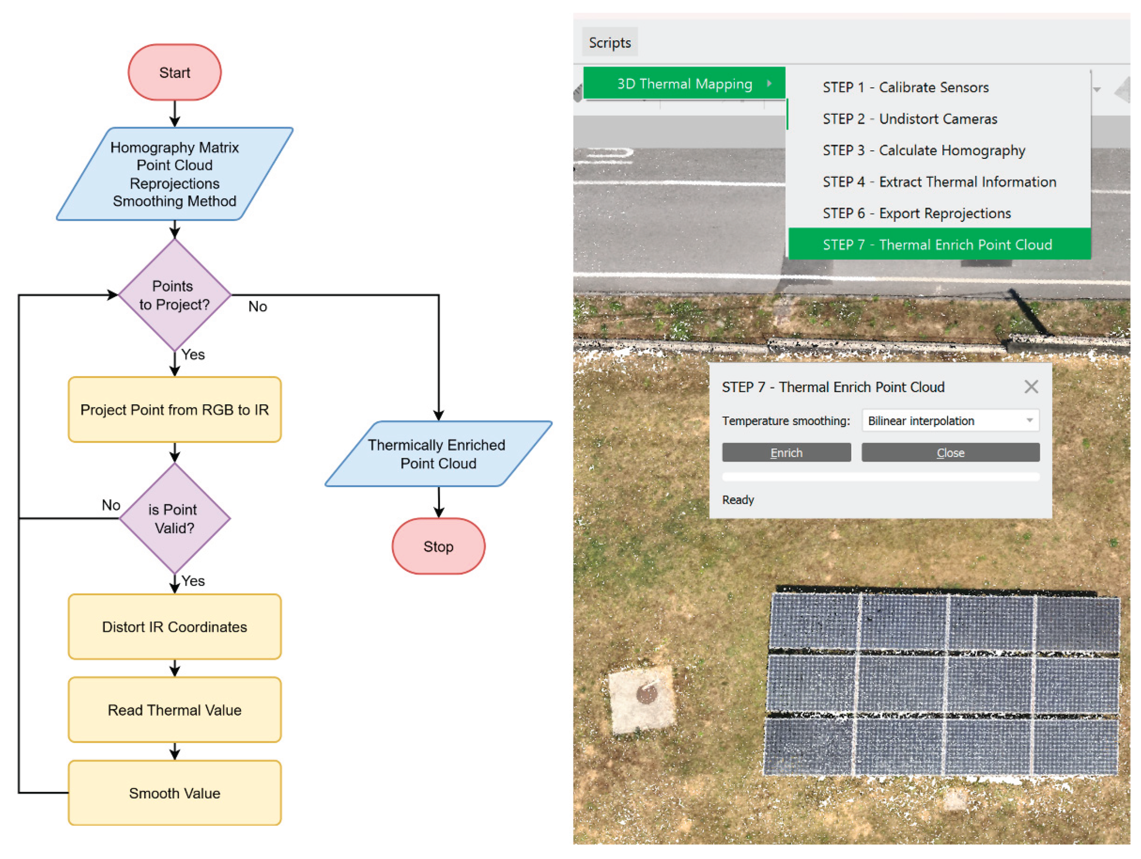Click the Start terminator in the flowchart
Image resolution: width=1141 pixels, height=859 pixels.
(175, 72)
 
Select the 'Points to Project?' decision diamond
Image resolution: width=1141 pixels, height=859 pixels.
(175, 295)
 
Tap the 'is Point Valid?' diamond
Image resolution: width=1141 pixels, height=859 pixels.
(175, 519)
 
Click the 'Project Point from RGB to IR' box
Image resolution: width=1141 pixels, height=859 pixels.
(175, 410)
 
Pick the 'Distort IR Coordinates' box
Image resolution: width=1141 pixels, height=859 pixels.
(175, 627)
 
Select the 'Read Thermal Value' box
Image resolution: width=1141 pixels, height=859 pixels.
(175, 710)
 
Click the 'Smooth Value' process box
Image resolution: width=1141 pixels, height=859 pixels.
(175, 793)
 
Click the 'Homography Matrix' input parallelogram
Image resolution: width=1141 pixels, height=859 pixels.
(175, 174)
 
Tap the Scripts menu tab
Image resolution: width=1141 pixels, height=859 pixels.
(610, 42)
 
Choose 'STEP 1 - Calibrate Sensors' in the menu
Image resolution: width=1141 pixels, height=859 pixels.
(905, 87)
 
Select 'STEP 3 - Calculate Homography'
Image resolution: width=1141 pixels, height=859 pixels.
(923, 150)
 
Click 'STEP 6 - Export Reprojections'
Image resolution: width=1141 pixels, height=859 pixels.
(916, 213)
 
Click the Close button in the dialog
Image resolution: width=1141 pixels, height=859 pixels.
(950, 453)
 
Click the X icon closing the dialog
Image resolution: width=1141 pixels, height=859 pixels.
(1031, 386)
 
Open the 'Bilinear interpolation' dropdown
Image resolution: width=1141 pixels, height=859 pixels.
(950, 421)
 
